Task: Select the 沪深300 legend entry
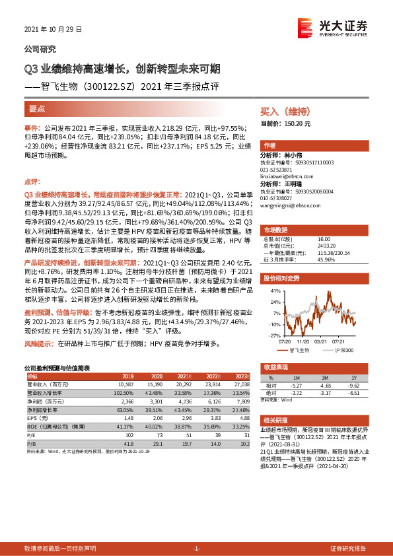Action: pyautogui.click(x=343, y=331)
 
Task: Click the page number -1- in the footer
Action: pyautogui.click(x=196, y=549)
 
